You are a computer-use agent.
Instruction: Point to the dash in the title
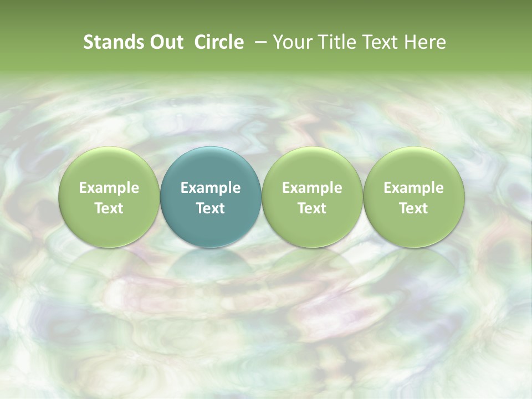tap(258, 42)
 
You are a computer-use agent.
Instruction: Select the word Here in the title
tap(424, 42)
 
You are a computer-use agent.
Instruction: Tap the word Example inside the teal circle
tap(211, 188)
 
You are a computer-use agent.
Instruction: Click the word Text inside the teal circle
tap(211, 208)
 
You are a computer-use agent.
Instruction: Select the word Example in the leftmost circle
tap(109, 188)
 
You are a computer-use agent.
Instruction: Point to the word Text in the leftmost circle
tap(109, 208)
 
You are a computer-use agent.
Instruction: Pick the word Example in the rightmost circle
tap(413, 188)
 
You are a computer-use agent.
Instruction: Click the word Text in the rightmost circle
tap(413, 208)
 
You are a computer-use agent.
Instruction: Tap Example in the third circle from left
tap(312, 188)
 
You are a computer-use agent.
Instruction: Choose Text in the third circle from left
tap(312, 208)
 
